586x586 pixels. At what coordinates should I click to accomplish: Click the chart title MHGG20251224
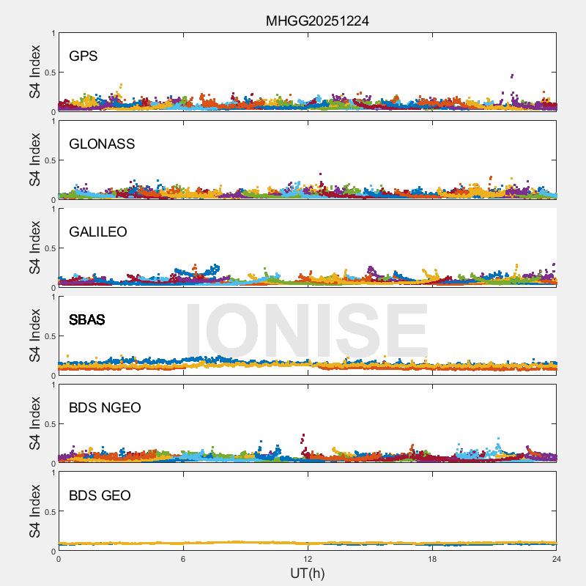pyautogui.click(x=317, y=21)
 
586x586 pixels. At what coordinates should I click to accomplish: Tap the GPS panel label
pyautogui.click(x=84, y=56)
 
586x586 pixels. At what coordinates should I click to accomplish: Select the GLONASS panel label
pyautogui.click(x=102, y=144)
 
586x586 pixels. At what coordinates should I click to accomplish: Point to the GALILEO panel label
pyautogui.click(x=98, y=231)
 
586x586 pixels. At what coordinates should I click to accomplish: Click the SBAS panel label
pyautogui.click(x=87, y=319)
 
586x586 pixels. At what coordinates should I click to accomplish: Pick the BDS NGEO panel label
pyautogui.click(x=105, y=407)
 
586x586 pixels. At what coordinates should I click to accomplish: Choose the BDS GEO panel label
pyautogui.click(x=100, y=495)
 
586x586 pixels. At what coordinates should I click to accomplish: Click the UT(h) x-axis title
pyautogui.click(x=307, y=573)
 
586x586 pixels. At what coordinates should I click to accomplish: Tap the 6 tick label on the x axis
pyautogui.click(x=183, y=559)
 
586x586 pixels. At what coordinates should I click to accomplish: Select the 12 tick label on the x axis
pyautogui.click(x=308, y=559)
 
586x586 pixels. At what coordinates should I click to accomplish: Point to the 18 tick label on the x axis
pyautogui.click(x=432, y=559)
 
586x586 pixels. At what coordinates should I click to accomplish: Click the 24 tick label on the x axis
pyautogui.click(x=557, y=559)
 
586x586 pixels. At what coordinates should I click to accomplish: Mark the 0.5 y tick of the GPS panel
pyautogui.click(x=48, y=73)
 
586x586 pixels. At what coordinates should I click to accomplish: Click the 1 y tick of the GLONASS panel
pyautogui.click(x=53, y=121)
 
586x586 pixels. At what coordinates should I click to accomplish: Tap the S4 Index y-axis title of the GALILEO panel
pyautogui.click(x=35, y=248)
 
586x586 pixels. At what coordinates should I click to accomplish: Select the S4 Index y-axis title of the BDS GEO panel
pyautogui.click(x=35, y=512)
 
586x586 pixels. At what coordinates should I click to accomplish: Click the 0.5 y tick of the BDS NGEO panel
pyautogui.click(x=48, y=424)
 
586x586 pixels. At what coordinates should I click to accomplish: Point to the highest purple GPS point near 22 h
pyautogui.click(x=511, y=75)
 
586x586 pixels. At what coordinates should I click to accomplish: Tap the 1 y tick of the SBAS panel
pyautogui.click(x=53, y=297)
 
